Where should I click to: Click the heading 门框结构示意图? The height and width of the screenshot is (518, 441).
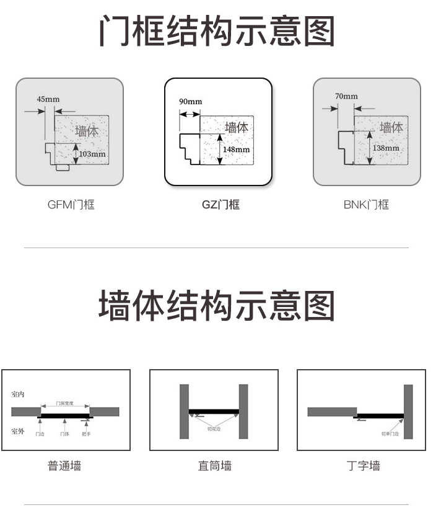pos(217,31)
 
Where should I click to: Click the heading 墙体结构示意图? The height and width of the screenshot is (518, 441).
pos(217,305)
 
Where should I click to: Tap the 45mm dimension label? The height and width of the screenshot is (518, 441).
pos(48,99)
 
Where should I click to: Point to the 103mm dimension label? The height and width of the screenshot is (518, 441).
pos(92,154)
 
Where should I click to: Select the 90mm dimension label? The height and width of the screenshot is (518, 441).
pos(190,102)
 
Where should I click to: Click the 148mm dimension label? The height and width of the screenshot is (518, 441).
pos(236,150)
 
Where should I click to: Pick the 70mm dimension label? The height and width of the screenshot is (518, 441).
pos(346,96)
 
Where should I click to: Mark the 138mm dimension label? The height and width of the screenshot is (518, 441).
pos(386,148)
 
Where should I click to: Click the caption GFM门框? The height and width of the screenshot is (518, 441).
pos(71,205)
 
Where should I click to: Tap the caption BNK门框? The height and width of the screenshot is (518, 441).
pos(366,205)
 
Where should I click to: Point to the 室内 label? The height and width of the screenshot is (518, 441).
pos(17,394)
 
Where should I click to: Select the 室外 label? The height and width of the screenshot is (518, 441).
pos(17,431)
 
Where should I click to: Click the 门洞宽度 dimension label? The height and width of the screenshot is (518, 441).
pos(64,403)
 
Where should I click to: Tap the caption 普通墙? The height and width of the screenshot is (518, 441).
pos(64,465)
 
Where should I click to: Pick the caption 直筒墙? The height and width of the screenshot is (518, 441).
pos(214,465)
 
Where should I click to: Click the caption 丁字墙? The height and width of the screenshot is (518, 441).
pos(363,465)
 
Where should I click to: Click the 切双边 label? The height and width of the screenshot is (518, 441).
pos(214,429)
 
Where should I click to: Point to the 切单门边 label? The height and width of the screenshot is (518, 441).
pos(390,434)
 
